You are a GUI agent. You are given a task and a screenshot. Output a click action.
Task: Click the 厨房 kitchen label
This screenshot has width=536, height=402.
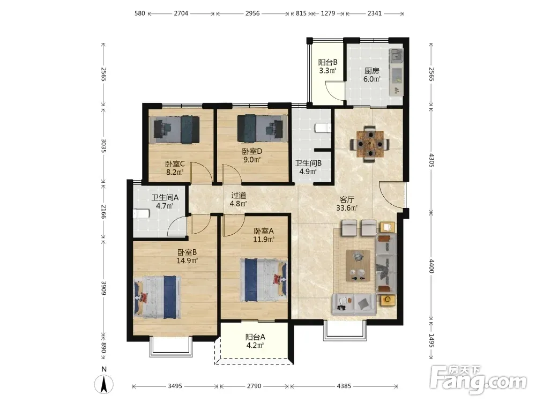click(x=371, y=71)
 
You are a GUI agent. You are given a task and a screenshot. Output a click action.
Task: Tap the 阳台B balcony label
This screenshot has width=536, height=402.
click(x=328, y=62)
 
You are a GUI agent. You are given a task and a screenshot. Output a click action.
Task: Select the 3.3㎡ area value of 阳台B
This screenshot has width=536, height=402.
click(x=328, y=71)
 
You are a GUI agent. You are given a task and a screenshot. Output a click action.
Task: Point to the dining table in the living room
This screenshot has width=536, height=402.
click(x=370, y=144)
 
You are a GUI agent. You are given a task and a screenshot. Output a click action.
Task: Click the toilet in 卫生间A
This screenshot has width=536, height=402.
click(x=142, y=214)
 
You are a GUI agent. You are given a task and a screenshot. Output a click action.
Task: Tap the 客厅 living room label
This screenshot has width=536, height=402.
click(x=347, y=199)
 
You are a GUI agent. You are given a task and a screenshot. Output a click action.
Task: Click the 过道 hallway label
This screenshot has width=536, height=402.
click(x=239, y=195)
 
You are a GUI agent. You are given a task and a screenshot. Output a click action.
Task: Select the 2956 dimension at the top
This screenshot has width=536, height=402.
click(x=252, y=13)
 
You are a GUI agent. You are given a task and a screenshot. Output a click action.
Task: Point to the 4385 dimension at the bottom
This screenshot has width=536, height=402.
click(x=344, y=386)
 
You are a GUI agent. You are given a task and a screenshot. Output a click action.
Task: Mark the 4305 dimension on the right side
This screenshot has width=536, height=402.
click(x=431, y=160)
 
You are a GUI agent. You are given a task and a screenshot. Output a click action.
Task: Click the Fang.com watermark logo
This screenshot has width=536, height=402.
click(x=478, y=379)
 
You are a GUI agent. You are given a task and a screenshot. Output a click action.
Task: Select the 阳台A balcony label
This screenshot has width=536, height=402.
click(x=255, y=337)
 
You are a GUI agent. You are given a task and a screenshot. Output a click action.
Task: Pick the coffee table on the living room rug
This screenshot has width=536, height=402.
click(x=358, y=266)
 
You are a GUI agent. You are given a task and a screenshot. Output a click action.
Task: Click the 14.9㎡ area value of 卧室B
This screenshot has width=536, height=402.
click(x=187, y=261)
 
